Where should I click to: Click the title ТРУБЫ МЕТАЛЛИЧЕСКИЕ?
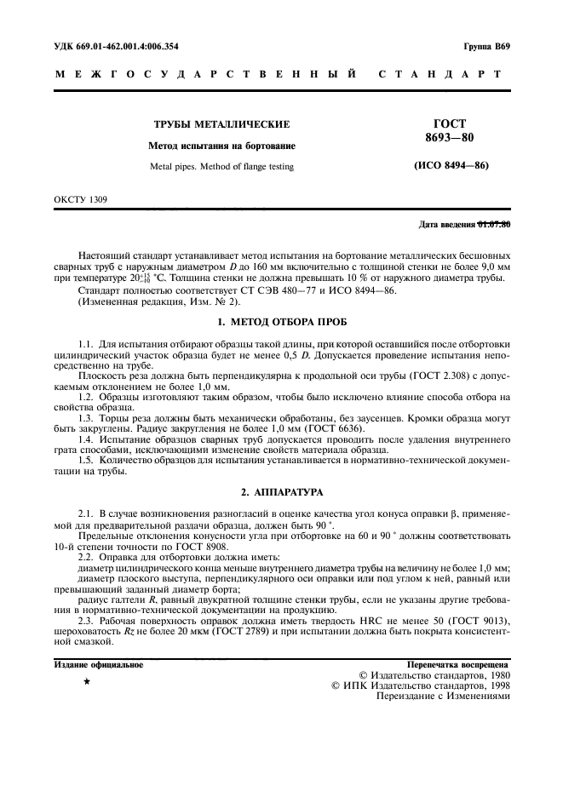tap(221, 124)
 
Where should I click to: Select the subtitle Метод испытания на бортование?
tap(221, 146)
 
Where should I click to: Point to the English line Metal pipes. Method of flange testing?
tap(221, 167)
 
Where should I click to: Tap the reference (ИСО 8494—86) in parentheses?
tap(451, 165)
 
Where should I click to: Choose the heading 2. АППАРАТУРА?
tap(281, 492)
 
